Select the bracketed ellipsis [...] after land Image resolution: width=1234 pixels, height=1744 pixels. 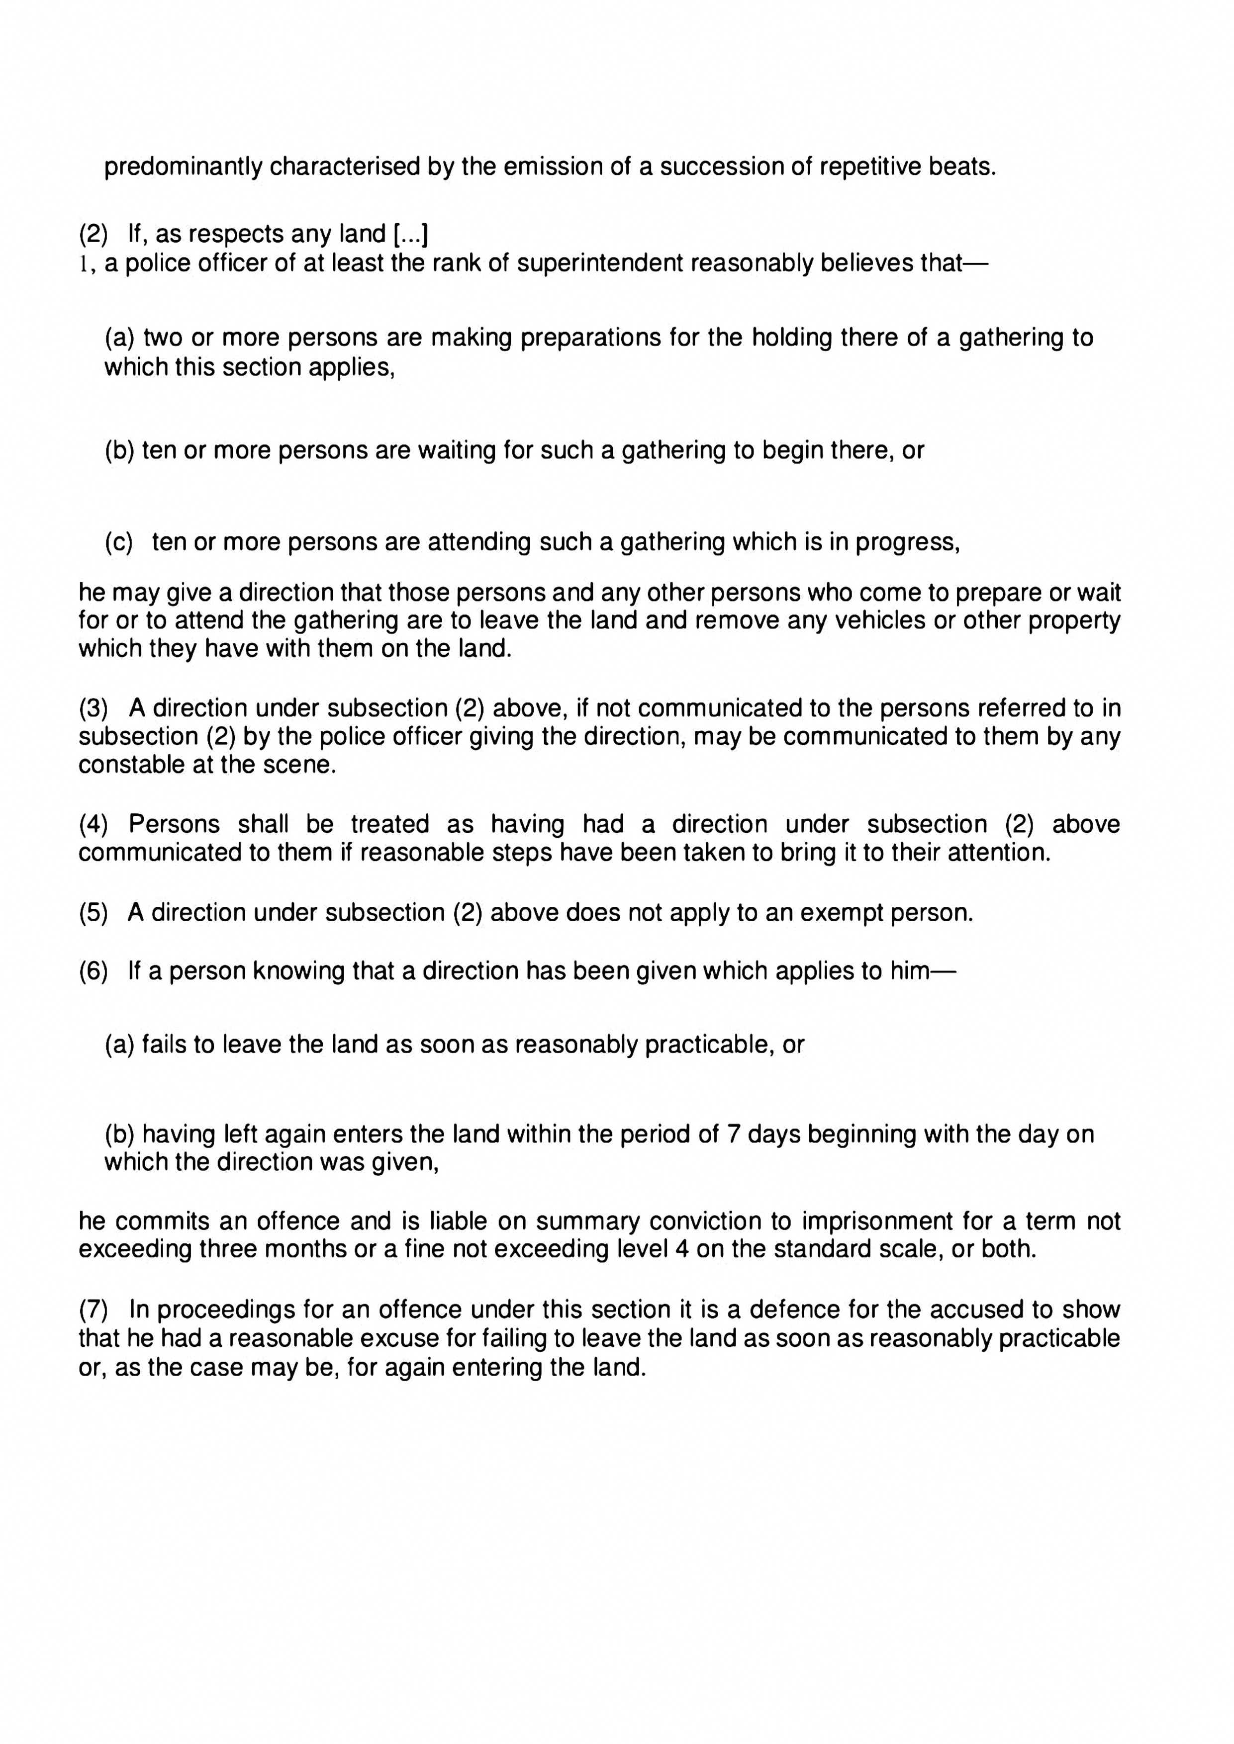[x=411, y=234]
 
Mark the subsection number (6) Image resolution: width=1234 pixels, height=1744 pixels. [x=94, y=971]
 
